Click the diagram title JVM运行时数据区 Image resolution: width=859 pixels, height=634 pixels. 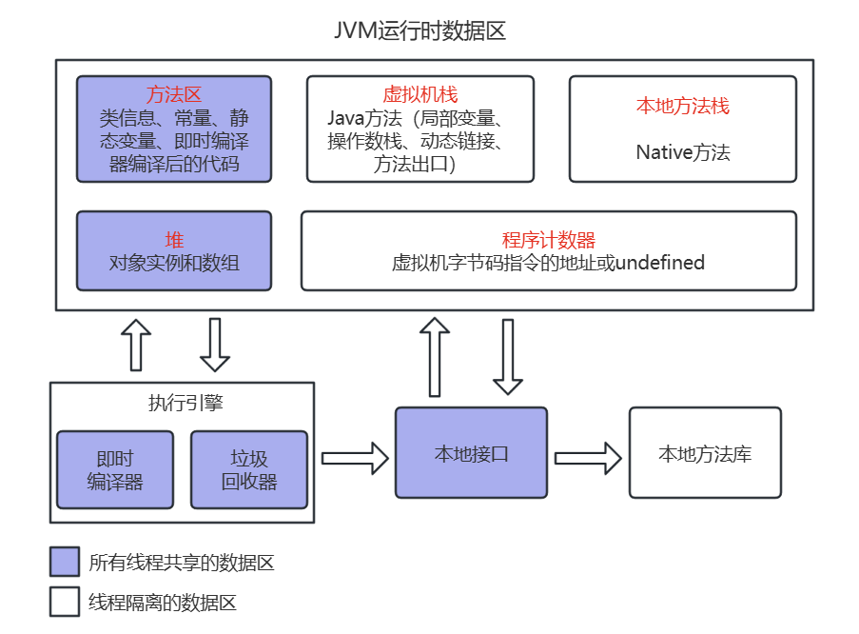[420, 30]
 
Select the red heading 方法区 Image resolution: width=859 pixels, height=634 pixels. [174, 95]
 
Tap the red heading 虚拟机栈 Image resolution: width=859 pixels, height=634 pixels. [420, 94]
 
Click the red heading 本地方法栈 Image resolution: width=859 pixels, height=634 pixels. [683, 106]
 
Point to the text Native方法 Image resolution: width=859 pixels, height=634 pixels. [683, 152]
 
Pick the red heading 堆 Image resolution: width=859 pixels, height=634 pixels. [174, 240]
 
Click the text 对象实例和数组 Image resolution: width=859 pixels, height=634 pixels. [174, 264]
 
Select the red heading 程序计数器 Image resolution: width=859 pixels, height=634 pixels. [548, 240]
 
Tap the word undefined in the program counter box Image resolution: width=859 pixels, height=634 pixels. [659, 263]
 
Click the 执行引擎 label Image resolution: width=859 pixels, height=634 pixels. [185, 403]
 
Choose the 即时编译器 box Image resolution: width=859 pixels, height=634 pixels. [115, 470]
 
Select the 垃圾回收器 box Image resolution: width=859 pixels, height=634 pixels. [249, 470]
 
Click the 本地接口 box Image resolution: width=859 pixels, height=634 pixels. [471, 453]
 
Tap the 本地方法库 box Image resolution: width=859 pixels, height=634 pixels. [705, 453]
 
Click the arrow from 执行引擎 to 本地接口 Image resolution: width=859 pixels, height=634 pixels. [355, 458]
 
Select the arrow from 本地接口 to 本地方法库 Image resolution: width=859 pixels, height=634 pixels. [588, 458]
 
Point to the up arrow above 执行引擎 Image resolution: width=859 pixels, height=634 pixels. [136, 345]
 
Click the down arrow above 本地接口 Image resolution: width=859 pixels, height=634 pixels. [508, 357]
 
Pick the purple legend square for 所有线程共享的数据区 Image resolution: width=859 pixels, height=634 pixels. [65, 562]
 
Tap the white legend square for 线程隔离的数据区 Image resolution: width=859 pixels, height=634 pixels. [65, 602]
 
